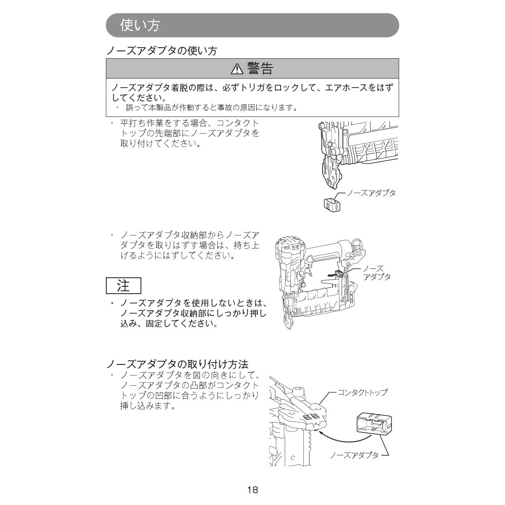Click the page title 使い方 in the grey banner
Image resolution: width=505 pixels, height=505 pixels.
[x=140, y=25]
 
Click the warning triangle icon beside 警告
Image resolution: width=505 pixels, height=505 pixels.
[x=237, y=69]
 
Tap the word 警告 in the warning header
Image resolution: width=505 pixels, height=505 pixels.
[x=260, y=69]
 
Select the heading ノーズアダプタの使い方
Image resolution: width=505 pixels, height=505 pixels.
[x=162, y=51]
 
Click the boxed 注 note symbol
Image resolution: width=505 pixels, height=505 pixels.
[x=123, y=285]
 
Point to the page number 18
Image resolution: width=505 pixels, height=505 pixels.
[x=253, y=490]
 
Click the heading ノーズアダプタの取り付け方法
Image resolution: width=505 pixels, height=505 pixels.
[x=177, y=364]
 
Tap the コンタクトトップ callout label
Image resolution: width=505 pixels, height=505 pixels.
[x=362, y=392]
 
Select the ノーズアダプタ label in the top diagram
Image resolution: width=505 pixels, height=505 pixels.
[x=371, y=193]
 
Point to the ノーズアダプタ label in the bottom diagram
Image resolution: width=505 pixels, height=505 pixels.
[x=354, y=455]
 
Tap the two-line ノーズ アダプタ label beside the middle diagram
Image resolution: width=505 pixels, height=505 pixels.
[x=377, y=272]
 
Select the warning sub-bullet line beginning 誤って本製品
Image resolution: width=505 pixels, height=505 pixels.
[x=211, y=108]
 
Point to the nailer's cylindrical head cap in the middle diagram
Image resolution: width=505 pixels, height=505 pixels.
[x=288, y=244]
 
